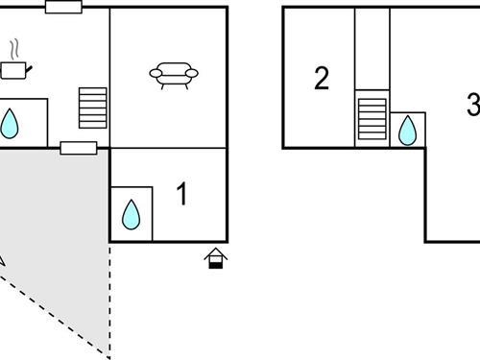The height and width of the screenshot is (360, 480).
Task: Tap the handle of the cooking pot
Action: [x=32, y=66]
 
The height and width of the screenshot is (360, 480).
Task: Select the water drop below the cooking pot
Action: [x=11, y=123]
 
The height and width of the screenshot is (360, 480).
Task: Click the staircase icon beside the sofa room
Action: [x=92, y=108]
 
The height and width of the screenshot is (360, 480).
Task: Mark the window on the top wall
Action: [x=64, y=7]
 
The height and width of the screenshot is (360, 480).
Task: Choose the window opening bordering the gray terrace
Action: [x=79, y=148]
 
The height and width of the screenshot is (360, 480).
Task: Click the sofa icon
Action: [x=174, y=74]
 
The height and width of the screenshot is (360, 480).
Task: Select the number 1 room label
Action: [x=182, y=194]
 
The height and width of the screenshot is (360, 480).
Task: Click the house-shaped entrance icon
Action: [x=216, y=257]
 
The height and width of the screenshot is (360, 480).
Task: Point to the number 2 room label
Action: [x=322, y=79]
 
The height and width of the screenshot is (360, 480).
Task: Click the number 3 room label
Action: [x=472, y=106]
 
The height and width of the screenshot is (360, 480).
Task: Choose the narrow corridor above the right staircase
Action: [x=372, y=48]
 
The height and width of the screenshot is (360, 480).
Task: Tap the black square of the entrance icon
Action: [x=216, y=263]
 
